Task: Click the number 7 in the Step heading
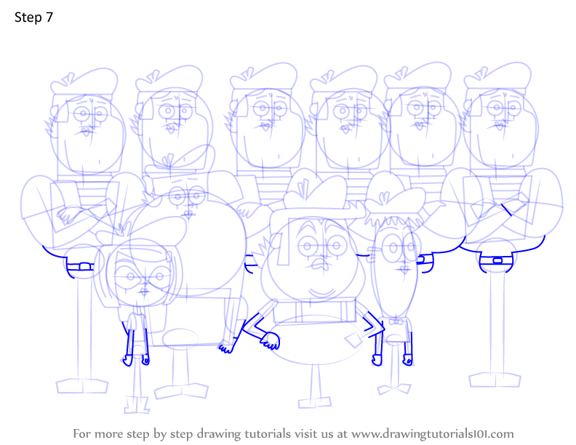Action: tap(49, 17)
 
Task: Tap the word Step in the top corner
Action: tap(28, 17)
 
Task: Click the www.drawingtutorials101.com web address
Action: tap(433, 434)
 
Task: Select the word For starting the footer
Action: tap(82, 433)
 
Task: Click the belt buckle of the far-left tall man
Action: tap(85, 266)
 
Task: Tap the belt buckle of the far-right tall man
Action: tap(497, 261)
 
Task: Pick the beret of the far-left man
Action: tap(84, 81)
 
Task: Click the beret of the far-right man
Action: tap(497, 76)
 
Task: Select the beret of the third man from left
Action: tap(263, 77)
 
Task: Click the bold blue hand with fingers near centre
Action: tap(271, 340)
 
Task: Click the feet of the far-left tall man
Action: tap(82, 386)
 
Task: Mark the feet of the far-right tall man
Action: tap(495, 380)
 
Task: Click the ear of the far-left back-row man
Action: tap(54, 112)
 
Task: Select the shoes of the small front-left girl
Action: tap(137, 404)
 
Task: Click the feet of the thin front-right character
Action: tap(394, 389)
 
